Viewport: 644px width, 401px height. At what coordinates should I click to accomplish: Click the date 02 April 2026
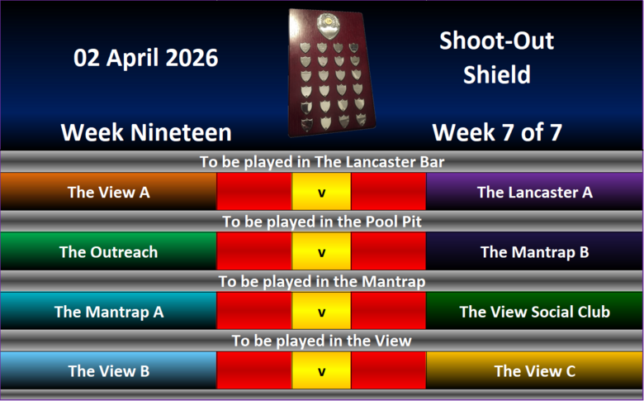click(x=146, y=58)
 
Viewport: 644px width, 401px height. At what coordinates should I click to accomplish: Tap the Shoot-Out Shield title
click(x=496, y=58)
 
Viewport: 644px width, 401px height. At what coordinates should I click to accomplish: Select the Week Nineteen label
click(x=146, y=132)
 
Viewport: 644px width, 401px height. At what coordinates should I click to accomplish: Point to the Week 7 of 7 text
click(x=497, y=132)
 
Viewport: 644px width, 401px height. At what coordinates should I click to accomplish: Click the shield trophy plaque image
click(x=331, y=73)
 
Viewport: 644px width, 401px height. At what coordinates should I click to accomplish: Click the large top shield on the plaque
click(x=329, y=26)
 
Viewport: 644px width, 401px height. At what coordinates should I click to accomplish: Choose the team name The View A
click(x=108, y=192)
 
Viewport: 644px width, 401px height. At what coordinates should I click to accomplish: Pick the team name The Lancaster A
click(x=535, y=192)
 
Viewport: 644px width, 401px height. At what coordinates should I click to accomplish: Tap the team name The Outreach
click(x=108, y=251)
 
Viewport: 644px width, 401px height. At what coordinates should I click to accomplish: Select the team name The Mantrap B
click(x=535, y=252)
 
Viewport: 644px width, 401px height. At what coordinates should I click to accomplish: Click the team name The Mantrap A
click(x=109, y=312)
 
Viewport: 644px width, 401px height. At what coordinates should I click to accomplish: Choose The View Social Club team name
click(x=535, y=312)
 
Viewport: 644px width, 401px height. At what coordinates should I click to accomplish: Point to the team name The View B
click(x=108, y=371)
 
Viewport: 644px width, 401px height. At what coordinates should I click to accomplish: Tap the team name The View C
click(x=535, y=371)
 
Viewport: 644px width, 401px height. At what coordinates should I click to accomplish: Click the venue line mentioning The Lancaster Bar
click(x=322, y=161)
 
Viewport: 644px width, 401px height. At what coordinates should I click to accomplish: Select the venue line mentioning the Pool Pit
click(x=322, y=222)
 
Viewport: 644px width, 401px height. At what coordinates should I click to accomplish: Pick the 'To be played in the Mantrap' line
click(x=322, y=282)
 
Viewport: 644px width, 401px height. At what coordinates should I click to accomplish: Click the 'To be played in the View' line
click(x=322, y=341)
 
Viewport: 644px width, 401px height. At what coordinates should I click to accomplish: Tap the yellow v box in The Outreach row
click(x=322, y=251)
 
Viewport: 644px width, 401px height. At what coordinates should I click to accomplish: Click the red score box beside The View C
click(x=389, y=370)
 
